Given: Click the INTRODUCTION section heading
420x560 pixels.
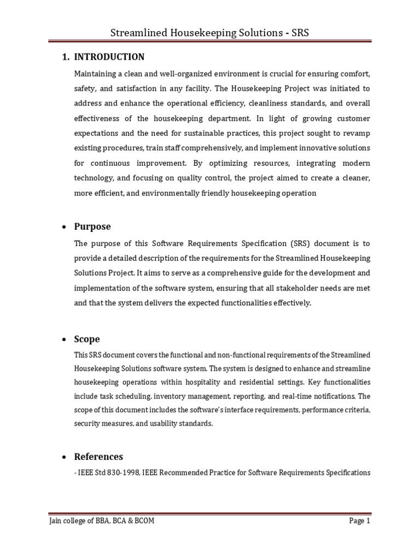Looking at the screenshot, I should pos(109,57).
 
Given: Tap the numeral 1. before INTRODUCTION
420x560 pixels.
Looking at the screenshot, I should pos(63,57).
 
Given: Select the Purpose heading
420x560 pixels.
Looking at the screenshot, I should pos(92,226).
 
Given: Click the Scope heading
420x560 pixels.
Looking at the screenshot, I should pos(87,339).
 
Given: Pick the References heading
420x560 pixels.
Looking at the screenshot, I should pos(98,457).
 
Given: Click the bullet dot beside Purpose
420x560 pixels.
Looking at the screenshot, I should pos(64,227).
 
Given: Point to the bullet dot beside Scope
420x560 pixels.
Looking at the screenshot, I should pos(64,340).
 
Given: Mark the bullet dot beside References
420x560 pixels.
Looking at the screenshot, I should pos(64,457).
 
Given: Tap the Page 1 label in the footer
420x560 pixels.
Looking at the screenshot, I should pos(360,521).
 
